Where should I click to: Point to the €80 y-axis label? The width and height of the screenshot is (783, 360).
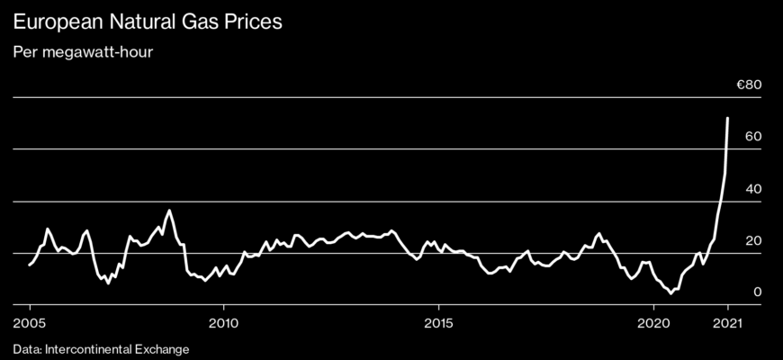pos(750,85)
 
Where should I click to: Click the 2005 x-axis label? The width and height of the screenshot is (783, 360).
pos(29,322)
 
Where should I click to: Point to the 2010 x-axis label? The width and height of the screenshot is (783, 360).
pos(223,322)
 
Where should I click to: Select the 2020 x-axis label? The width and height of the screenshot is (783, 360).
pos(653,322)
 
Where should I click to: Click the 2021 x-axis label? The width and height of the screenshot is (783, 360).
pos(727,322)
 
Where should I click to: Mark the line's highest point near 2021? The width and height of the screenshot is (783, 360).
pos(727,118)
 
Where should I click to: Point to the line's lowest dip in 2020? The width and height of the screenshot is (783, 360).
pos(670,292)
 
